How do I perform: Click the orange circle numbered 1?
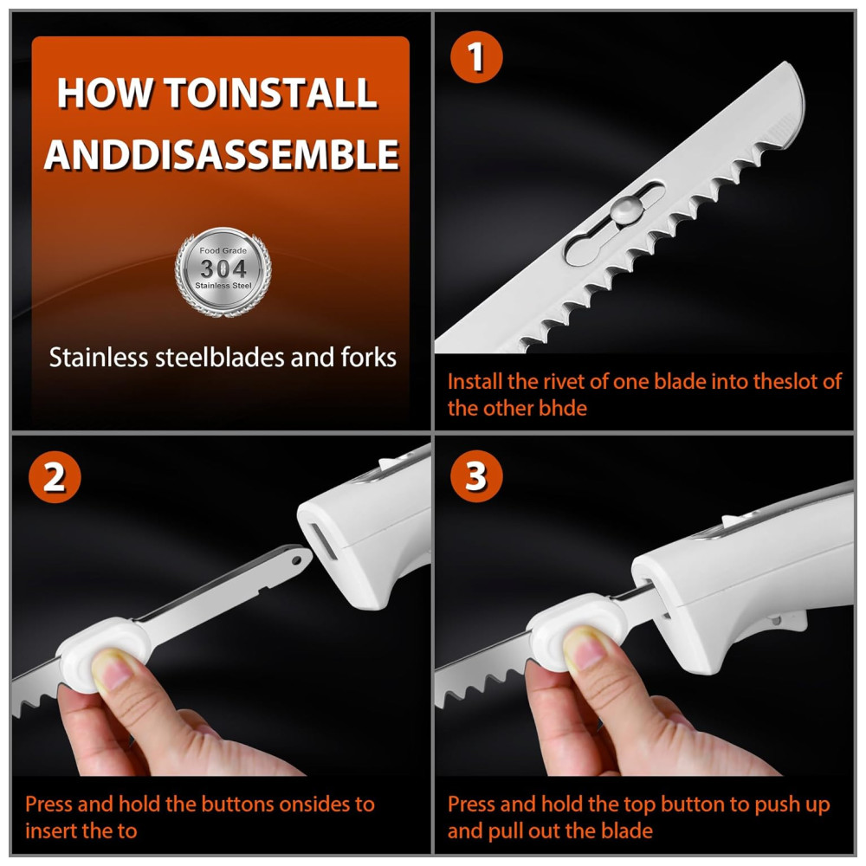tap(476, 57)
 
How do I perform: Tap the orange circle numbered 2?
tap(54, 477)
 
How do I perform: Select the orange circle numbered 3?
tap(476, 476)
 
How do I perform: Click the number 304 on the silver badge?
tap(223, 268)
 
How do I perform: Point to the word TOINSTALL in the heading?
tap(271, 93)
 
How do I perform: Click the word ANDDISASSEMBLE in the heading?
tap(222, 154)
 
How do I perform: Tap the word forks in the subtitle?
tap(368, 358)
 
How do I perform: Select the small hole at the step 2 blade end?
tap(297, 561)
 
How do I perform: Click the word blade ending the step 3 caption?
tap(626, 830)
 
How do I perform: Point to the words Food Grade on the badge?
tap(223, 250)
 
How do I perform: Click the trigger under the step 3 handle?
tap(785, 621)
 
